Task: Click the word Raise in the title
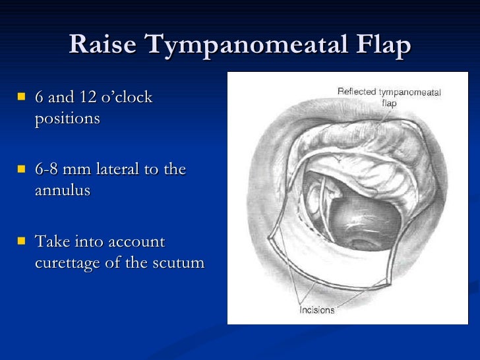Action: tap(104, 45)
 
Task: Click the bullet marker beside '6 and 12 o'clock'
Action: tap(22, 98)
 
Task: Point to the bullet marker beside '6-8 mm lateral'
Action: tap(22, 169)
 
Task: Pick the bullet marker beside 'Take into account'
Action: tap(22, 241)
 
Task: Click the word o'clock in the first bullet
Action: tap(125, 98)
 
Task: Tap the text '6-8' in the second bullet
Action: tap(49, 169)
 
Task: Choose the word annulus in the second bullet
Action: tap(62, 191)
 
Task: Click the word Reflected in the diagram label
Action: tap(357, 92)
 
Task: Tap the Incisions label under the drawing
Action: tap(317, 309)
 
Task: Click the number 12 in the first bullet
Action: tap(88, 98)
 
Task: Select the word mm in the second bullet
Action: tap(80, 169)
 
